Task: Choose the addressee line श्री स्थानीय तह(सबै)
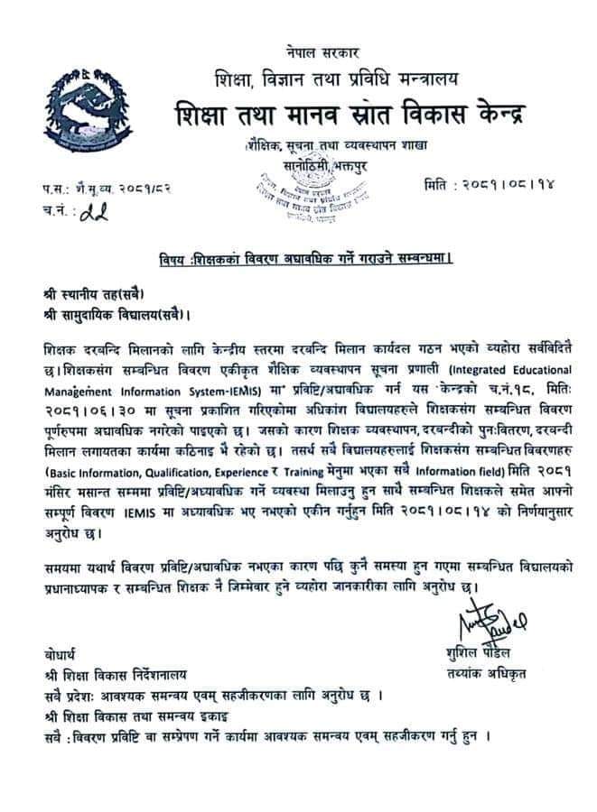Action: [x=92, y=295]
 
